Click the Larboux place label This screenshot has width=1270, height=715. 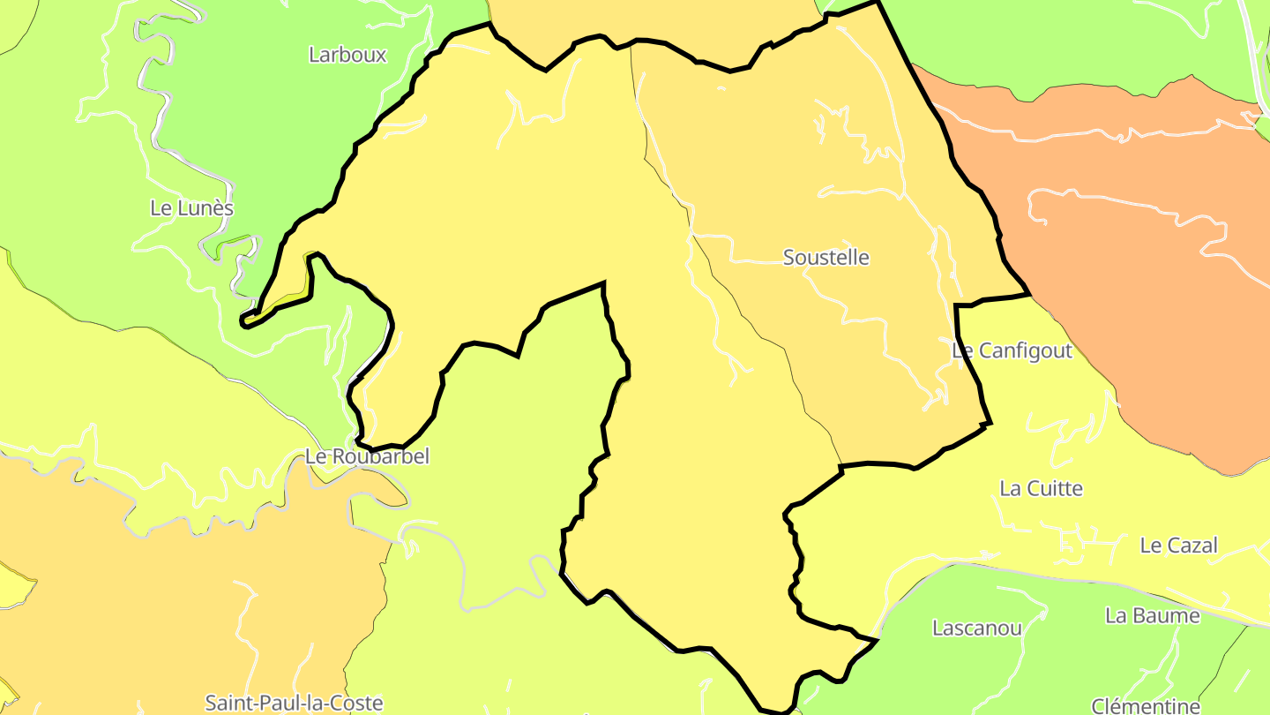click(347, 55)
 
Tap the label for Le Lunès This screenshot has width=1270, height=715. click(191, 208)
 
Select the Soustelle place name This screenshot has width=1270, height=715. click(825, 258)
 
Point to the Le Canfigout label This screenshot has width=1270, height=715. click(1012, 350)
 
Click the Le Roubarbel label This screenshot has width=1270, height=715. click(367, 456)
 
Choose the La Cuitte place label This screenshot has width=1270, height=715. click(1041, 488)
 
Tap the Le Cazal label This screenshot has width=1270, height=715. click(1178, 546)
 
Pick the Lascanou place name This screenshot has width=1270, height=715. click(977, 628)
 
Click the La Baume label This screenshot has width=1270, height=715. click(1153, 616)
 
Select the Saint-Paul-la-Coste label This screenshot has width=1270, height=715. click(294, 703)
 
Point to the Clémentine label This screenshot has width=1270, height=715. click(1146, 705)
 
